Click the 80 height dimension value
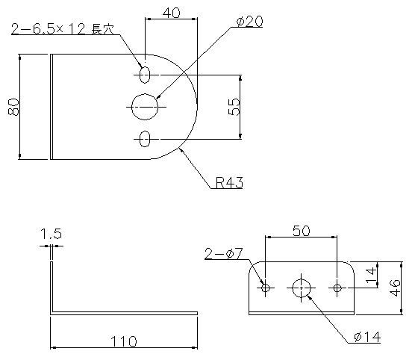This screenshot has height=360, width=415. point(13,107)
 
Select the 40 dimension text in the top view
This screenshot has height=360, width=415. point(172,13)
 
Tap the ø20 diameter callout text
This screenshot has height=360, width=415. point(249,22)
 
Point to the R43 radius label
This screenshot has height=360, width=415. point(229,182)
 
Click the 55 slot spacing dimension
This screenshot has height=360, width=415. point(234,107)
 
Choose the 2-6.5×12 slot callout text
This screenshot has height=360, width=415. point(63,29)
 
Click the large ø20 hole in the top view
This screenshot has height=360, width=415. point(145,107)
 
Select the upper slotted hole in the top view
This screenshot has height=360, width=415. point(145,75)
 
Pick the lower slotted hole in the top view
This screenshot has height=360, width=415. point(145,139)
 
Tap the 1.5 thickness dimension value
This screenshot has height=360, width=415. point(51,234)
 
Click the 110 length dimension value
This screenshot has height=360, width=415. point(124,341)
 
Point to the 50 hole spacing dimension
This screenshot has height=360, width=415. point(302,231)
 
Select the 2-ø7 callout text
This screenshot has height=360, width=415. point(224,254)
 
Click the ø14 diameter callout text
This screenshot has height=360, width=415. point(367,337)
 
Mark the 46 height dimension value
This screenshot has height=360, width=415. point(395,288)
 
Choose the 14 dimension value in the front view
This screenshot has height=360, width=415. point(371,275)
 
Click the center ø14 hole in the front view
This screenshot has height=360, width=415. point(302,288)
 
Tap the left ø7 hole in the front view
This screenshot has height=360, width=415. point(266,288)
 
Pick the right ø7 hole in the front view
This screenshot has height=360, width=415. point(337,288)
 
